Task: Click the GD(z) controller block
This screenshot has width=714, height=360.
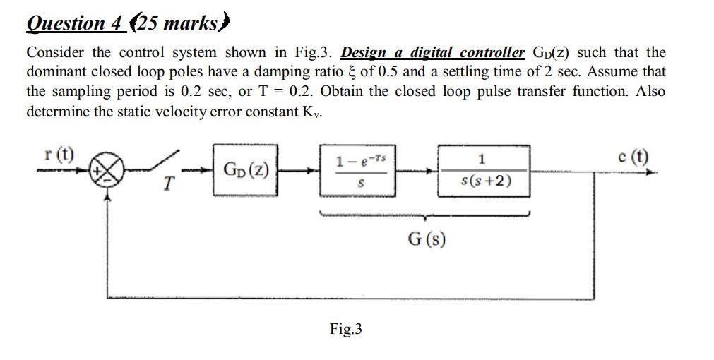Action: [244, 170]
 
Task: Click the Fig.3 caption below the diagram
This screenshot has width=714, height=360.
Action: [345, 328]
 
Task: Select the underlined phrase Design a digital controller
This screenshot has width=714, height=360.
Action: [433, 53]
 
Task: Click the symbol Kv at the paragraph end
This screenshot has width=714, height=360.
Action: [312, 112]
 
